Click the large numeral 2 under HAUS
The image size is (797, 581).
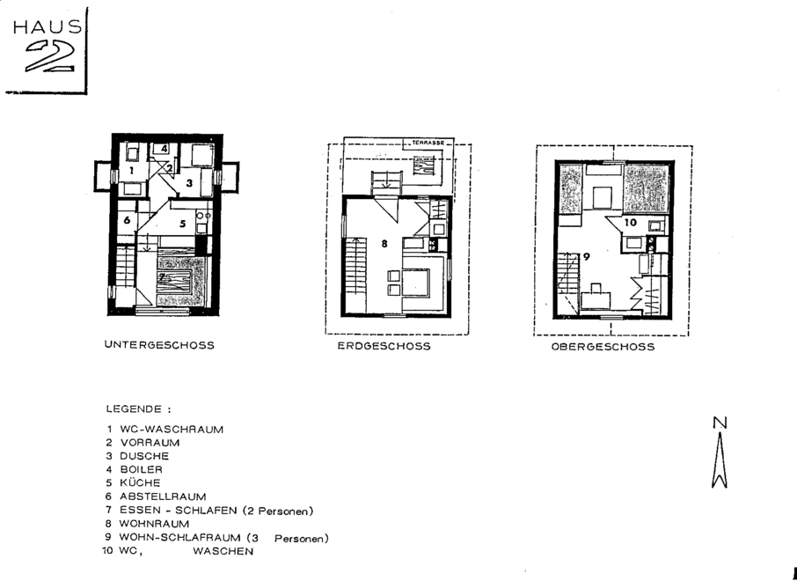click(51, 55)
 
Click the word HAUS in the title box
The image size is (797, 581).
click(48, 27)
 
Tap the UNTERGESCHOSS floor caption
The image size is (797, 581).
click(159, 345)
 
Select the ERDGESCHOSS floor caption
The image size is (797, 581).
click(384, 347)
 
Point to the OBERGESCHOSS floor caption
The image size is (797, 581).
click(603, 347)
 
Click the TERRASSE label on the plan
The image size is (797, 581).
click(428, 143)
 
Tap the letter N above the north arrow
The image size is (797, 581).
click(720, 423)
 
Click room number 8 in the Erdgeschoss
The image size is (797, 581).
click(384, 244)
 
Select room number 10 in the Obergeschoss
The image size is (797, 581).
click(630, 223)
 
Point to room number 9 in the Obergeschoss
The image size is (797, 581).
click(586, 257)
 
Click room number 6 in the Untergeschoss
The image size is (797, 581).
click(127, 220)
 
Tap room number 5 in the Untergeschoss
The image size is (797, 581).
click(182, 224)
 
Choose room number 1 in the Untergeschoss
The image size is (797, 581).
click(131, 171)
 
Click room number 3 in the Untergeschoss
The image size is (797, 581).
click(189, 182)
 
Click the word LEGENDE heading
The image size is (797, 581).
click(135, 409)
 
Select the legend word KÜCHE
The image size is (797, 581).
click(140, 482)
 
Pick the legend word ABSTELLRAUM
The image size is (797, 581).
click(163, 496)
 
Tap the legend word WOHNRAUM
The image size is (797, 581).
click(154, 524)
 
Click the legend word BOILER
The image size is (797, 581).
click(142, 469)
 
